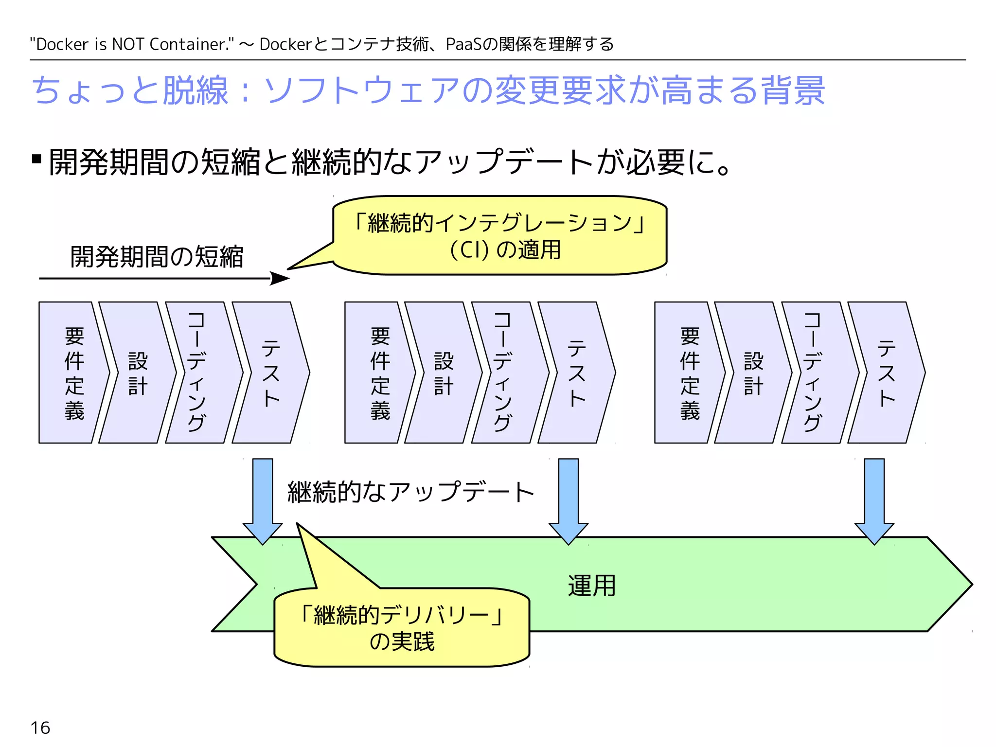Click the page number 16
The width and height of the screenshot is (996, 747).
pos(40,728)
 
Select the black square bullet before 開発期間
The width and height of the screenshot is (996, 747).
pos(36,159)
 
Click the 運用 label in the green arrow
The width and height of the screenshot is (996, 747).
pos(592,586)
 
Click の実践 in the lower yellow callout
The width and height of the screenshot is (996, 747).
pos(402,641)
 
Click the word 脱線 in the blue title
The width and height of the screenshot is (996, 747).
pos(196,90)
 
